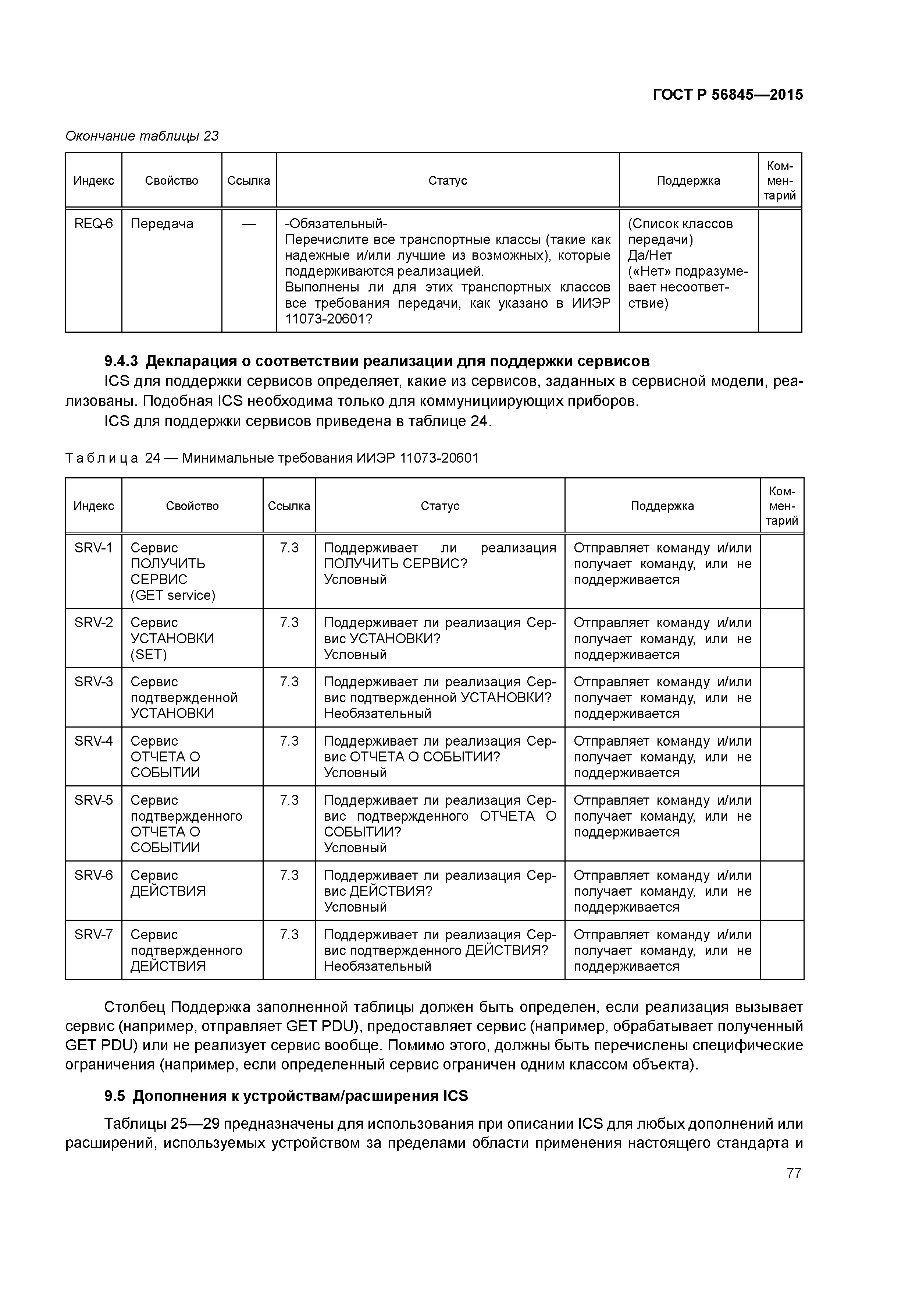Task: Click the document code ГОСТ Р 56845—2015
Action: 728,95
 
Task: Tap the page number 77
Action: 794,1173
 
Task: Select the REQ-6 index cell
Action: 93,224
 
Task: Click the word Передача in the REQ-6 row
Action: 162,224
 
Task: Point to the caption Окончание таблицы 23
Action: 142,136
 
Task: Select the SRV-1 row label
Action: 93,548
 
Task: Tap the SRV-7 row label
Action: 93,934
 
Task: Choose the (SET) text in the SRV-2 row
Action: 149,654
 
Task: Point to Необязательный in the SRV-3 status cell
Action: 378,714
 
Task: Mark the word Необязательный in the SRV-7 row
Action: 378,966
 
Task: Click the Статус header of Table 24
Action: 440,506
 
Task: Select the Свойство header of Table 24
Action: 192,506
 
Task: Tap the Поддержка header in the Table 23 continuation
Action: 688,180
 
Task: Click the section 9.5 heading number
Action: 116,1096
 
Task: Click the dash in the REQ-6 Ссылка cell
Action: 249,224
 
